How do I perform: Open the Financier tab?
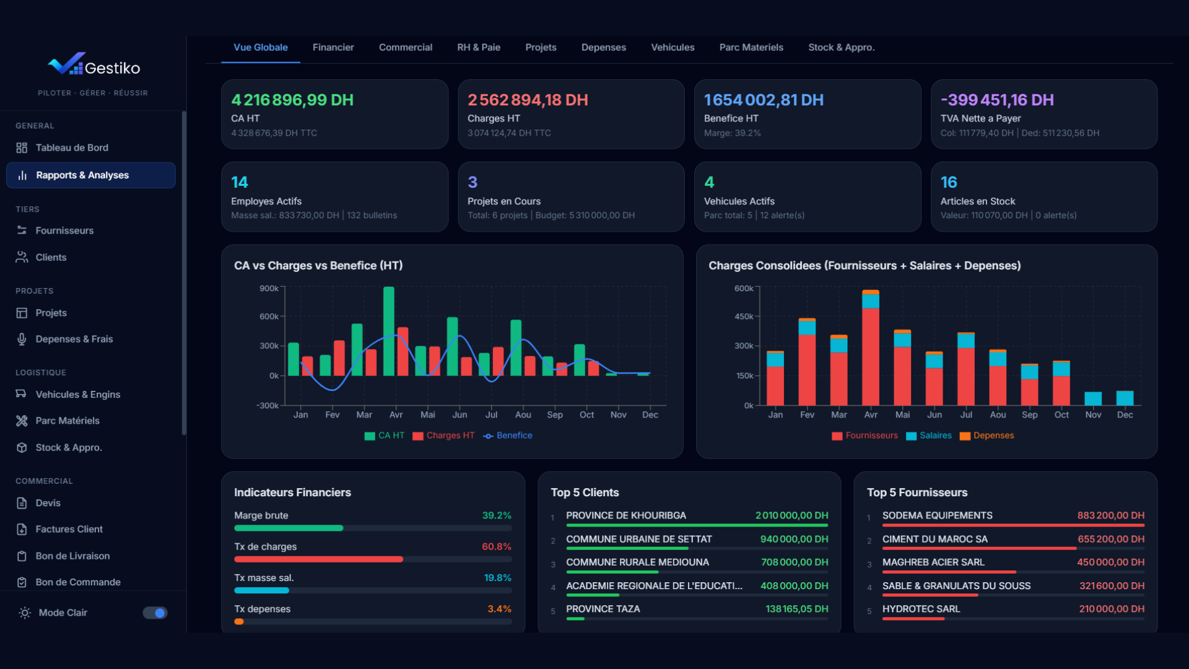pos(333,48)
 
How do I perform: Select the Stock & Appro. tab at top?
pos(841,48)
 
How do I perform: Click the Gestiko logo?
pos(94,66)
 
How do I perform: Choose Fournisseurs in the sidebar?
pos(64,230)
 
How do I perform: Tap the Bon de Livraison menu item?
pos(72,556)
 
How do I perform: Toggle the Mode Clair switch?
pos(155,613)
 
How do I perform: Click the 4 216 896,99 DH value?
pos(292,100)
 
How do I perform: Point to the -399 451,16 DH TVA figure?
pos(997,100)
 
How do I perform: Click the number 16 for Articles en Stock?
pos(949,182)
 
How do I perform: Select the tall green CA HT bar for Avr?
pos(389,331)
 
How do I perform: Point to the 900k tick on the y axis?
pos(269,289)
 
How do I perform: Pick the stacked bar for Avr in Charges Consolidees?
pos(871,349)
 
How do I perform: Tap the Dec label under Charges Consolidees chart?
pos(1125,415)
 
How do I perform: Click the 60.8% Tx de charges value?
pos(497,547)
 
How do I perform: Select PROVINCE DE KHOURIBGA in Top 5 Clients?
pos(625,515)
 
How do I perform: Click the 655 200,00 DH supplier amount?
pos(1111,539)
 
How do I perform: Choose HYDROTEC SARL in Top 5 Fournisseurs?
pos(921,609)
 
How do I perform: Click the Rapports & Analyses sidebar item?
pos(82,175)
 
